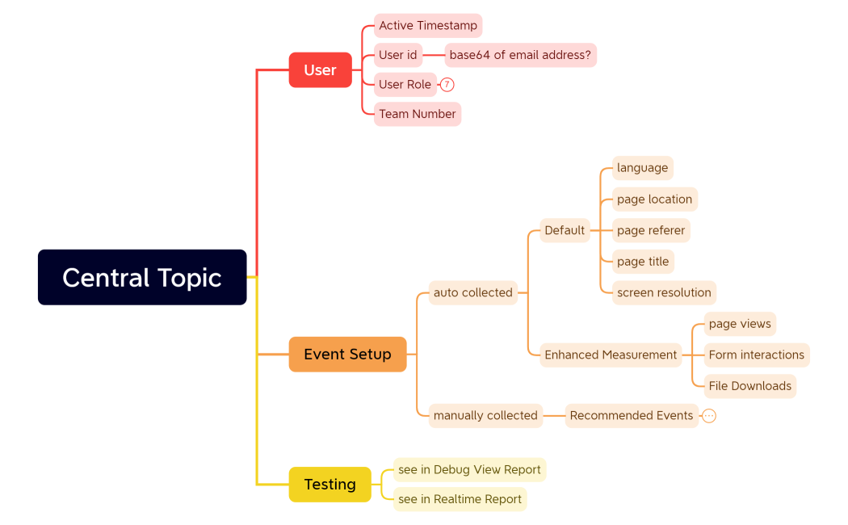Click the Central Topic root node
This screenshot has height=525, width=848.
pyautogui.click(x=142, y=277)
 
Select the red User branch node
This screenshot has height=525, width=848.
pyautogui.click(x=320, y=70)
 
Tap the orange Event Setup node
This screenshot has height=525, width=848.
pyautogui.click(x=347, y=354)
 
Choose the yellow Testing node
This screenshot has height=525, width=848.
pyautogui.click(x=330, y=484)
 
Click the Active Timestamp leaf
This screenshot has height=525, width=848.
pyautogui.click(x=428, y=26)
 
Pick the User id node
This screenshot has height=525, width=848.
pyautogui.click(x=398, y=55)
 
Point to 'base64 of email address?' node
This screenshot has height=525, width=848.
pyautogui.click(x=520, y=55)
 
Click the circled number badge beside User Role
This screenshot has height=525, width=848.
pyautogui.click(x=447, y=85)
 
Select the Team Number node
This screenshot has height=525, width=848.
pyautogui.click(x=418, y=114)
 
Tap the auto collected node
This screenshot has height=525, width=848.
pyautogui.click(x=473, y=292)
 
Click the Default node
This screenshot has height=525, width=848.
pyautogui.click(x=565, y=230)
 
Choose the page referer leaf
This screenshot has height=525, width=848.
pyautogui.click(x=651, y=230)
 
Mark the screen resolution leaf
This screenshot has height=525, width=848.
pyautogui.click(x=664, y=292)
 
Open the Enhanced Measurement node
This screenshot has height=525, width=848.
pyautogui.click(x=611, y=355)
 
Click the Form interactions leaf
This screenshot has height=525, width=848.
pyautogui.click(x=757, y=355)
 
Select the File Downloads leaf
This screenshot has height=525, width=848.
pyautogui.click(x=750, y=386)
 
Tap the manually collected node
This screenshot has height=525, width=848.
pyautogui.click(x=485, y=415)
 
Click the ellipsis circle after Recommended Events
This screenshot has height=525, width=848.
pyautogui.click(x=709, y=416)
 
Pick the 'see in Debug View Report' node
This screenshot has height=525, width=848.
pyautogui.click(x=469, y=469)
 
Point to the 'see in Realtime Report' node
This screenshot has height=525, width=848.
pyautogui.click(x=460, y=499)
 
